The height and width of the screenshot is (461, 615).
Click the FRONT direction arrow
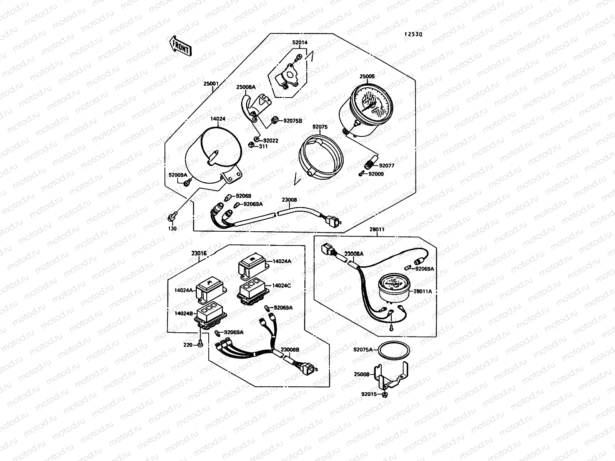click(180, 46)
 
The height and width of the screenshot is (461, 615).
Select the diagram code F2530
click(413, 34)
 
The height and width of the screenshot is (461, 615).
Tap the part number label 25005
click(367, 76)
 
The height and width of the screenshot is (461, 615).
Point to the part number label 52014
click(300, 43)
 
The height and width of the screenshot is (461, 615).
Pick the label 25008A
click(246, 87)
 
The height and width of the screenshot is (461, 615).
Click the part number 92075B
click(293, 121)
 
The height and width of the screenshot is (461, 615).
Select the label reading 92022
click(271, 141)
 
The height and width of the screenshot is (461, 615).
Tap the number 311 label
click(263, 146)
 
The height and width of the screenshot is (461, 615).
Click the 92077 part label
click(387, 166)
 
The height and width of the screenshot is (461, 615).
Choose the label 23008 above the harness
click(289, 200)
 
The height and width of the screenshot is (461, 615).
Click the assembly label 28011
click(377, 229)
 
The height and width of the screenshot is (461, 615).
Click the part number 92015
click(369, 394)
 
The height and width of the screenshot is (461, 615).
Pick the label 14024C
click(282, 285)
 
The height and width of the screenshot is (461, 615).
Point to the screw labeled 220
click(199, 344)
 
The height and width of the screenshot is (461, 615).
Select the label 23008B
click(290, 350)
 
